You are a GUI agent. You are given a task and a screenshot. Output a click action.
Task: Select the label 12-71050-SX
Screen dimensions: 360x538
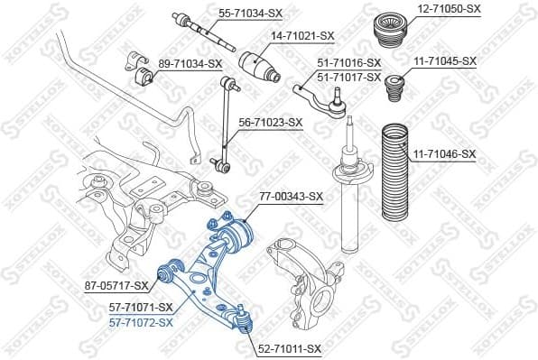coord(448,8)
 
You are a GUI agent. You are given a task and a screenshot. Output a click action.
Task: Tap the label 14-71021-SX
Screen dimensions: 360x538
coord(303,35)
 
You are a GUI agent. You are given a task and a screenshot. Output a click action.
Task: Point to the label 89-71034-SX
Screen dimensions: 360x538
coord(190,63)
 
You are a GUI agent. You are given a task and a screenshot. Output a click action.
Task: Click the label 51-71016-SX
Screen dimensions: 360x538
coord(349,63)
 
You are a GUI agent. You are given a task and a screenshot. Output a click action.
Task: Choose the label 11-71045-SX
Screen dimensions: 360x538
coord(444,61)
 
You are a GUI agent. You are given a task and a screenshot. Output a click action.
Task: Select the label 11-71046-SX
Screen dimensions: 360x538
coord(444,154)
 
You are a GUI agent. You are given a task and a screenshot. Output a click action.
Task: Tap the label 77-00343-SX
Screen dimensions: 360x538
coord(291,195)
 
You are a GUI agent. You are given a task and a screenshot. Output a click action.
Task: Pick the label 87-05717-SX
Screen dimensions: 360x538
coord(116,286)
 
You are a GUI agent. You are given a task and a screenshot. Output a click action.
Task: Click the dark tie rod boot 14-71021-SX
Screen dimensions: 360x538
coord(260,68)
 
